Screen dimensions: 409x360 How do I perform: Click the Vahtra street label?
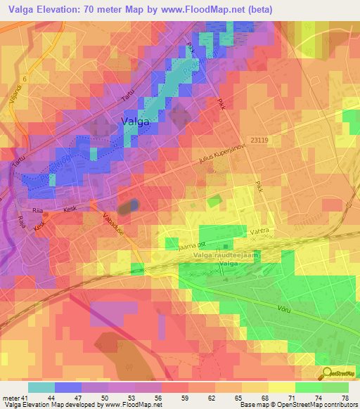coord(260,231)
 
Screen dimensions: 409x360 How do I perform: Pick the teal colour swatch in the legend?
coord(41,387)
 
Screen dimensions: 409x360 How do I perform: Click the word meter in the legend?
coord(11,398)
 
